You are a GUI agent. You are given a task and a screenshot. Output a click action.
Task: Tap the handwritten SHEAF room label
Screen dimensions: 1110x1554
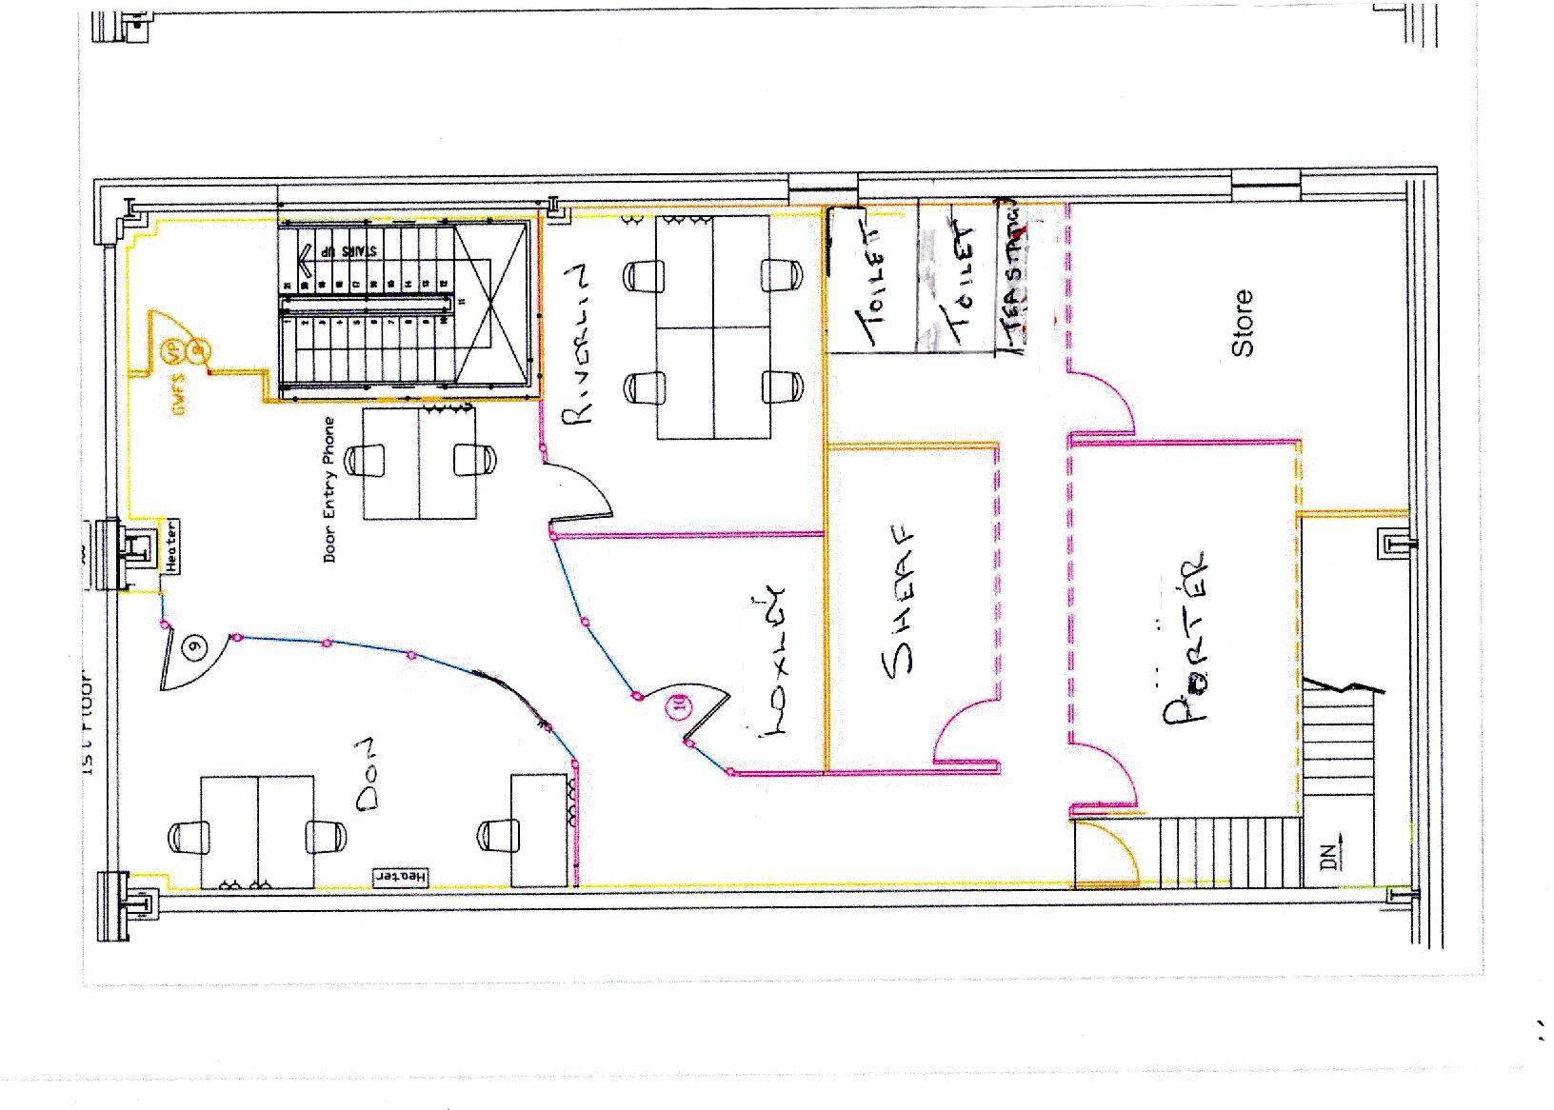[x=900, y=602]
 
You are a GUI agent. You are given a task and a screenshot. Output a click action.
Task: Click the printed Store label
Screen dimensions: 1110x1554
[x=1244, y=324]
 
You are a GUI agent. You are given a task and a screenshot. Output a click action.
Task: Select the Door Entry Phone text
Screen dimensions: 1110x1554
[x=330, y=488]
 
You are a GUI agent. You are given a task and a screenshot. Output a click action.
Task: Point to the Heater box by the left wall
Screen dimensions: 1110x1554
[x=171, y=545]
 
